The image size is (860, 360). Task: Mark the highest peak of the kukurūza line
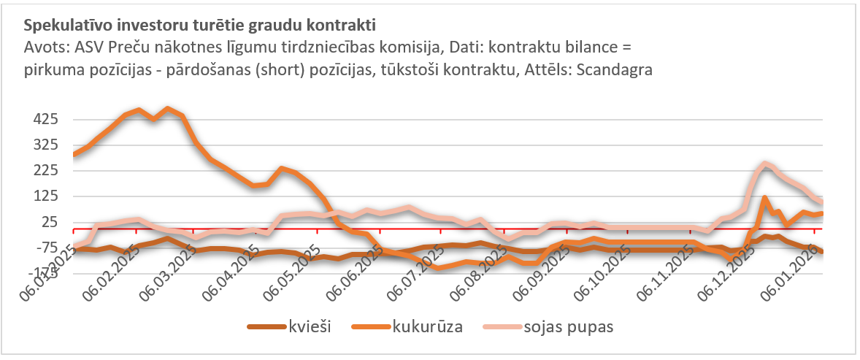coord(169,109)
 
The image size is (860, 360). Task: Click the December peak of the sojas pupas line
coord(764,164)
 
